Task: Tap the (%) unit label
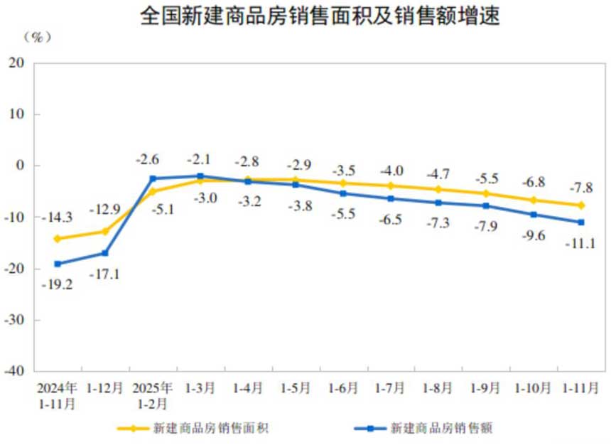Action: pyautogui.click(x=38, y=36)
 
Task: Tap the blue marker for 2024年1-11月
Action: pyautogui.click(x=58, y=264)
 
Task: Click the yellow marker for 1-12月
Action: pyautogui.click(x=105, y=231)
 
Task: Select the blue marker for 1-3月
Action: pyautogui.click(x=200, y=176)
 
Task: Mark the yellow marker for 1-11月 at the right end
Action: pyautogui.click(x=581, y=205)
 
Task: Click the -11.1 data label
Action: pyautogui.click(x=581, y=244)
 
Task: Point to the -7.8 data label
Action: pyautogui.click(x=581, y=187)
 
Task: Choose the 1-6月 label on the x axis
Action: pyautogui.click(x=343, y=388)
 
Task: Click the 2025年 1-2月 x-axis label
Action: pyautogui.click(x=153, y=395)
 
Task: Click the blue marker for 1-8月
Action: pyautogui.click(x=438, y=203)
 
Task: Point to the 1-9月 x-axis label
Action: pyautogui.click(x=486, y=388)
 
